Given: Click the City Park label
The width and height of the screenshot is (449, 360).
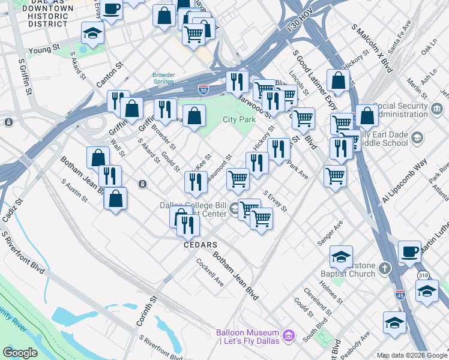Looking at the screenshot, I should coord(240,119).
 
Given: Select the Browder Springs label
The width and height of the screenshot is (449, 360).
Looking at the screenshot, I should coord(163,79).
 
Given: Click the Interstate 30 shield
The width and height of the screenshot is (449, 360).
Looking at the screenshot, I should coord(204,89).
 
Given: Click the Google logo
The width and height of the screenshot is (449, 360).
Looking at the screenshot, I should coord(19,352).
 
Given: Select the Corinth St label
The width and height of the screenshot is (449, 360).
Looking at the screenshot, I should coord(146,310).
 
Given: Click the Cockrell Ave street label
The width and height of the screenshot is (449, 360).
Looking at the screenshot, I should coord(210,272).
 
